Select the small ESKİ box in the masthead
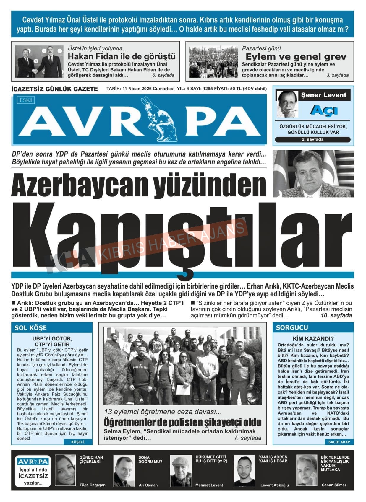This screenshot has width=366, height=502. (25, 100)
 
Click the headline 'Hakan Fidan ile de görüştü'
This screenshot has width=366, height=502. (122, 56)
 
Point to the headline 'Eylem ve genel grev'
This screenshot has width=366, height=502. (296, 56)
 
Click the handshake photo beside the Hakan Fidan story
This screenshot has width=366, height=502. (39, 61)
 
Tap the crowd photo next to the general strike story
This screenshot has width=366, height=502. (213, 61)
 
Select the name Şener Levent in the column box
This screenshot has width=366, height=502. (323, 95)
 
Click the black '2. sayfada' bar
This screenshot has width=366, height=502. (312, 139)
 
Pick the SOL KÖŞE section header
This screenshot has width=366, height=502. (31, 328)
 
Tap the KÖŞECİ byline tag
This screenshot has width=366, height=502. (78, 442)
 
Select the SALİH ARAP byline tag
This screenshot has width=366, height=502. (339, 442)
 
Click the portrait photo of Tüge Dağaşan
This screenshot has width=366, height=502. (65, 470)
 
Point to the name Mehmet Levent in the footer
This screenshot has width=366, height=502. (209, 485)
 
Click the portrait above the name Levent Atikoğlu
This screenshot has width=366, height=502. (244, 470)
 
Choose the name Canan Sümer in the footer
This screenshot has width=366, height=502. (334, 485)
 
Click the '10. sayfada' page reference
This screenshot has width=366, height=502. (336, 316)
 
